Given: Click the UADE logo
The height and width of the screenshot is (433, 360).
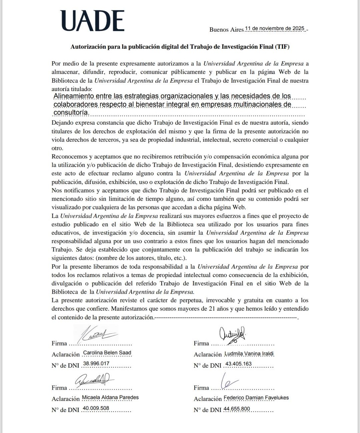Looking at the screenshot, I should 92,21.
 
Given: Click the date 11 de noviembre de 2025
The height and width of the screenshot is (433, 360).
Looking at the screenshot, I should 275,29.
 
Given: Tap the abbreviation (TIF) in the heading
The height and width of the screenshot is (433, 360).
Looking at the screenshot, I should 282,47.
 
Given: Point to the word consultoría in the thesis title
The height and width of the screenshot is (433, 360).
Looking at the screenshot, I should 71,113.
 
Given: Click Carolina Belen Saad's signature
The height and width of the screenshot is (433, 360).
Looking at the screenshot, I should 97,333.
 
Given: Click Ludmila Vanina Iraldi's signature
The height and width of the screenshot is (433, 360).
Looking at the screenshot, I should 232,334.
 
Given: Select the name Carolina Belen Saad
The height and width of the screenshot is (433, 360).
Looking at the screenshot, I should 107,353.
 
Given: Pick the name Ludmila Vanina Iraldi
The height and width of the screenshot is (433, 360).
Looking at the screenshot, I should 249,354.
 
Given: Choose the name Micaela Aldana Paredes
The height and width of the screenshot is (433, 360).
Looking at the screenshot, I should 110,397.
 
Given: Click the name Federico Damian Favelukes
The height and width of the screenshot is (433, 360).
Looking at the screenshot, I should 256,398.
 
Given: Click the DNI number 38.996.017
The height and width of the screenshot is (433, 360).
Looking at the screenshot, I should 96,364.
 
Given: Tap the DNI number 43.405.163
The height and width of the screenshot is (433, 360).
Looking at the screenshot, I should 238,364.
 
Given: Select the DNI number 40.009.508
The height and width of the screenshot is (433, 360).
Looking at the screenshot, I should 96,408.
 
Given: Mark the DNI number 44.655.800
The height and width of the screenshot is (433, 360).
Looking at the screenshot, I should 237,409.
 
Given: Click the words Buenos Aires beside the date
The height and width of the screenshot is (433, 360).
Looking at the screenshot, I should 226,30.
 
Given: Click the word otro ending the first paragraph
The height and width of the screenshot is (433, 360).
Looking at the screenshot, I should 57,148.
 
